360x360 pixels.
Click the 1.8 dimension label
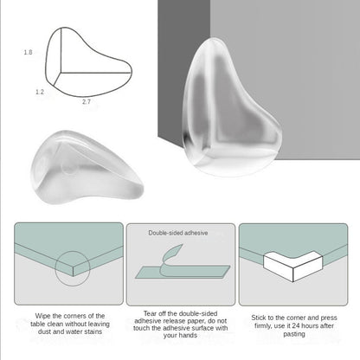pyautogui.click(x=29, y=53)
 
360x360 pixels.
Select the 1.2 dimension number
pyautogui.click(x=40, y=90)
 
